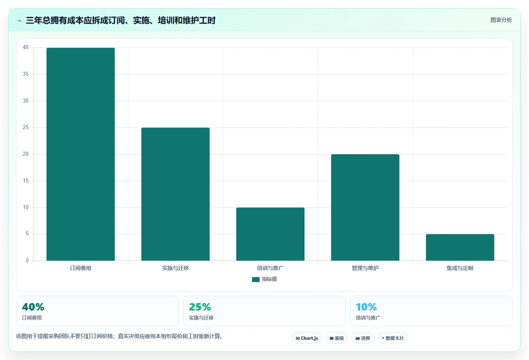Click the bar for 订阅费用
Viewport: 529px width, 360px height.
click(x=80, y=154)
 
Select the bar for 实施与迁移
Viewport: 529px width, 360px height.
click(x=175, y=194)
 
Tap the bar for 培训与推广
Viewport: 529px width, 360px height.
click(x=270, y=234)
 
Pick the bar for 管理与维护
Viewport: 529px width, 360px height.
click(x=365, y=207)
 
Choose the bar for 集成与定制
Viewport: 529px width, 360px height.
click(x=460, y=247)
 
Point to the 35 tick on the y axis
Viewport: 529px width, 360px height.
click(x=26, y=74)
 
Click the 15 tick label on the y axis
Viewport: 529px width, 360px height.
click(x=26, y=181)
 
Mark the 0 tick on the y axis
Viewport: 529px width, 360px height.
click(x=27, y=260)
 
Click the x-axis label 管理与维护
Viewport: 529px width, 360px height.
click(x=365, y=268)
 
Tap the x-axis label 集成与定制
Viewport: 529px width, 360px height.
click(x=460, y=268)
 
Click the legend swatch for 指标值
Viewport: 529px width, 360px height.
click(x=256, y=280)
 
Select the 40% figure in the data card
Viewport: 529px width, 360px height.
click(x=33, y=307)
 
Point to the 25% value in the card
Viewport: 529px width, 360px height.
click(x=200, y=307)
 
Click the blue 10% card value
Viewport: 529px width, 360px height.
click(x=366, y=307)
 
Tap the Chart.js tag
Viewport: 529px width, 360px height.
click(x=307, y=338)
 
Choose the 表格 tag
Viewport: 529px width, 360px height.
click(x=337, y=338)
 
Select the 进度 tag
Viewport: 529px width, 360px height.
click(x=363, y=338)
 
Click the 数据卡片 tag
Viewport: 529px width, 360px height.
click(x=393, y=338)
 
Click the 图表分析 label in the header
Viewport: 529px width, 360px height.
click(x=501, y=20)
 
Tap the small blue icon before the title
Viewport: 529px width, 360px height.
click(x=20, y=21)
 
